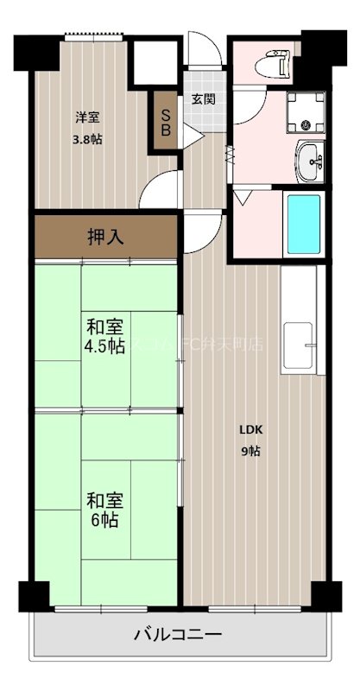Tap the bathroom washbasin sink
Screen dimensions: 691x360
310,161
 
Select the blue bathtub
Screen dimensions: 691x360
302,224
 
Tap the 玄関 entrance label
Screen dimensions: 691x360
203,98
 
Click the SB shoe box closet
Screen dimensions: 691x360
165,123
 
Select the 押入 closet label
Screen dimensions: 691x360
105,237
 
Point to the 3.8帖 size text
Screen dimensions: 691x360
85,138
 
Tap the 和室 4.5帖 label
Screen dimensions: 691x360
104,337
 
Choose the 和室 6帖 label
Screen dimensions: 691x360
103,510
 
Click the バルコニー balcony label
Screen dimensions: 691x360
179,637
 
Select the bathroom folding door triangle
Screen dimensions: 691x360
243,198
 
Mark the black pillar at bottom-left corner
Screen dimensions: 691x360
33,596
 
